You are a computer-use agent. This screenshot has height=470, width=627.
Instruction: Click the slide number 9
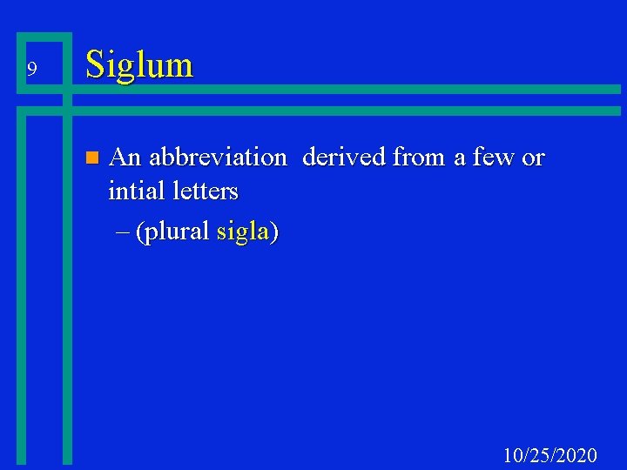tap(31, 69)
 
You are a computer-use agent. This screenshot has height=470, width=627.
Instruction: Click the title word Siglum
tap(139, 65)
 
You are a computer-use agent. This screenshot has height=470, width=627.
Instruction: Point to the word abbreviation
tap(217, 158)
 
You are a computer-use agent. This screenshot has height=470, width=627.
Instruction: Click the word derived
tap(344, 158)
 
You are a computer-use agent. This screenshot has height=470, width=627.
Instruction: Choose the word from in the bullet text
tap(420, 158)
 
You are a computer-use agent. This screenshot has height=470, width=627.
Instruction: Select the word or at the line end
tap(533, 159)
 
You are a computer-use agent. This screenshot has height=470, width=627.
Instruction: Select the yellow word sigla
tap(243, 232)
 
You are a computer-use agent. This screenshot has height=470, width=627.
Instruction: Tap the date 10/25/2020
tap(550, 454)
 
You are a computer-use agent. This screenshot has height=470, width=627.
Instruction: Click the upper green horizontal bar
tap(348, 89)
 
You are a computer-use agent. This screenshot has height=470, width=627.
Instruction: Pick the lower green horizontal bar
tap(348, 111)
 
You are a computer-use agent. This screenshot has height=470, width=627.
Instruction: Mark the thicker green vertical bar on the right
tap(67, 287)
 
